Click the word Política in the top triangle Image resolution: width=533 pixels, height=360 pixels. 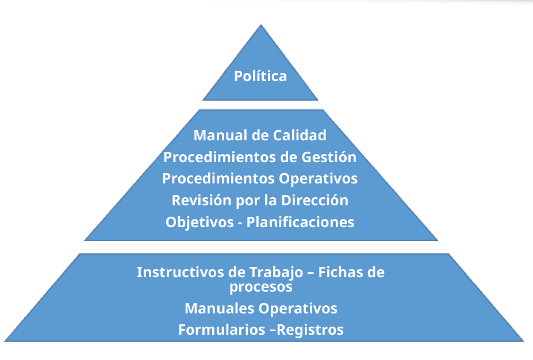point(260,76)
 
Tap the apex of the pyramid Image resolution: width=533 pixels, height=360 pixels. point(260,25)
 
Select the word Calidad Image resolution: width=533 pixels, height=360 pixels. point(300,135)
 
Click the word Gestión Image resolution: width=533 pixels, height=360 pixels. point(329,157)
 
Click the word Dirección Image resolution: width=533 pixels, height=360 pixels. point(315,200)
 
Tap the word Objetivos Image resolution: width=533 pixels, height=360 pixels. point(200,223)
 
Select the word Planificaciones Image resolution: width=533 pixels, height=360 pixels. point(300,223)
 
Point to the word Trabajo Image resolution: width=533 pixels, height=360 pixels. point(277,273)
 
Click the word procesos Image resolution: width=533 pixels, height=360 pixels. point(260,287)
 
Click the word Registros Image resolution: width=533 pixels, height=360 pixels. point(310,330)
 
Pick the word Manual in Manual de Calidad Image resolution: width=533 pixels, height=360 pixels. point(221,135)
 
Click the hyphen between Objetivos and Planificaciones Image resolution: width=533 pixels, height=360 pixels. point(240,223)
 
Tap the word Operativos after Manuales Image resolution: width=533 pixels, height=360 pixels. point(298,309)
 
